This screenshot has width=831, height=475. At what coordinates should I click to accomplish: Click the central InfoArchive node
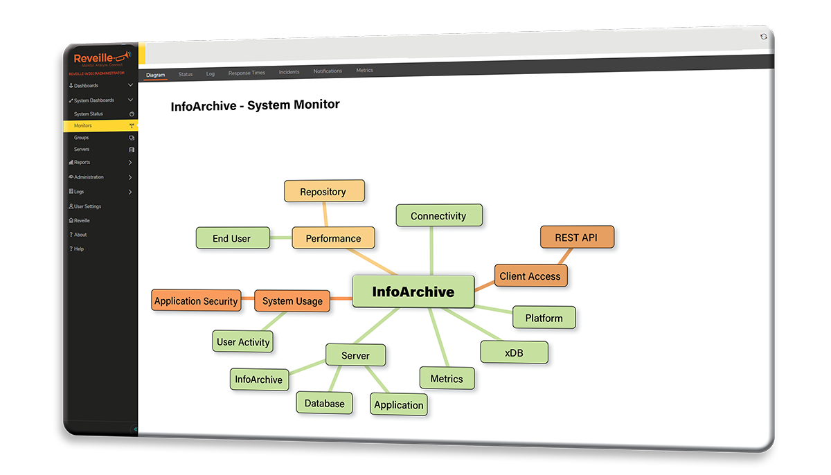click(x=413, y=292)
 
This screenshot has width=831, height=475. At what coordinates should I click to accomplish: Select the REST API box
click(x=576, y=238)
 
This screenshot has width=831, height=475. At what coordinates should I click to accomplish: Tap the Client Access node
click(x=530, y=276)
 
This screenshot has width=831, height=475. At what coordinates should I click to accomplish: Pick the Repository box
click(x=323, y=192)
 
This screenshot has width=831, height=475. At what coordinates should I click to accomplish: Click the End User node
click(x=231, y=239)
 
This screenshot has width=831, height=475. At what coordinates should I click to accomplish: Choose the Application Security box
click(x=196, y=301)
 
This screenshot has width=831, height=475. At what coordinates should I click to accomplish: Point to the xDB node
click(x=514, y=352)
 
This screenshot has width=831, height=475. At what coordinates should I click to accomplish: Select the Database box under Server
click(x=324, y=404)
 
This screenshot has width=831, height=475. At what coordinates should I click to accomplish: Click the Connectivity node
click(x=438, y=216)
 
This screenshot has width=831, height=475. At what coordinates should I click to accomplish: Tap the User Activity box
click(x=243, y=341)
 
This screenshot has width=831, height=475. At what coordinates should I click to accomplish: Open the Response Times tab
click(x=247, y=73)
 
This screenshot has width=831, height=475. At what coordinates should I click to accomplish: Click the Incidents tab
click(x=289, y=72)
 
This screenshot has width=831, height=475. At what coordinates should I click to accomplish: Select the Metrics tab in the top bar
click(x=364, y=71)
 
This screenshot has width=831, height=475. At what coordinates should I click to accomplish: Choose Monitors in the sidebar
click(x=83, y=126)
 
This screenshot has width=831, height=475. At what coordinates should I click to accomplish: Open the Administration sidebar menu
click(x=89, y=177)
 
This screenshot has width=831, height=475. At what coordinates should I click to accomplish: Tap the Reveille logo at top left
click(x=97, y=57)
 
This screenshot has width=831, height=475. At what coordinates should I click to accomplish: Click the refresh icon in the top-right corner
click(x=764, y=37)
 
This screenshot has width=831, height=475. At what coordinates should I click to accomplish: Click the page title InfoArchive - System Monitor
click(x=255, y=105)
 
